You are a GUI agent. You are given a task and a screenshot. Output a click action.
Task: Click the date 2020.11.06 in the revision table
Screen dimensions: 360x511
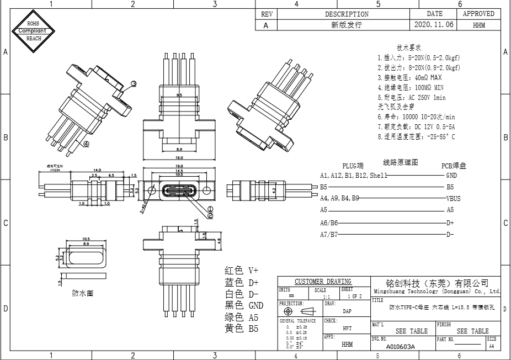coord(434,25)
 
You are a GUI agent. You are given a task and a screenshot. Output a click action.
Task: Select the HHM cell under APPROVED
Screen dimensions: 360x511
coord(479,25)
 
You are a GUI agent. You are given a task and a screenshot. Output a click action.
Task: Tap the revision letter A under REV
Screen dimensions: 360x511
coord(266,25)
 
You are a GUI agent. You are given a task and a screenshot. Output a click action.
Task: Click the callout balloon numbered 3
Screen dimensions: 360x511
coord(134,84)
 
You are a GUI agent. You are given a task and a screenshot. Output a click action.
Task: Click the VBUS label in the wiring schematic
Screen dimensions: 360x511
coord(454,198)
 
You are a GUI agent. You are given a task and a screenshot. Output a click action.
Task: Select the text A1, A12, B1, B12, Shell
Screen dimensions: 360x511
coord(354,175)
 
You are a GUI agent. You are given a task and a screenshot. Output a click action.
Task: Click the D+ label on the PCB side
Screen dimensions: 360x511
coord(450,223)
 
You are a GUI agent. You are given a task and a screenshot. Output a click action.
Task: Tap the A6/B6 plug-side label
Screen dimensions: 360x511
coord(329,223)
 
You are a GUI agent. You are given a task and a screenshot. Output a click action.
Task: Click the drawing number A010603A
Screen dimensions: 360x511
coord(400,347)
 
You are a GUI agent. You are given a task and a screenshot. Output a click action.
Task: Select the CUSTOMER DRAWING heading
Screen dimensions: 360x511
coord(323,282)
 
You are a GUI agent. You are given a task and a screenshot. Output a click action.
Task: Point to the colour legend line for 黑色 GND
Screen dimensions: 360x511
coord(244,305)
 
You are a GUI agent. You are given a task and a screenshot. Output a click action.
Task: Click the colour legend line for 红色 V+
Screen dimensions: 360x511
coord(241,271)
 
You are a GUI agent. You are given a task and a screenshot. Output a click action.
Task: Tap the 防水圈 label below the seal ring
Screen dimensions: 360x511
coord(83,293)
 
